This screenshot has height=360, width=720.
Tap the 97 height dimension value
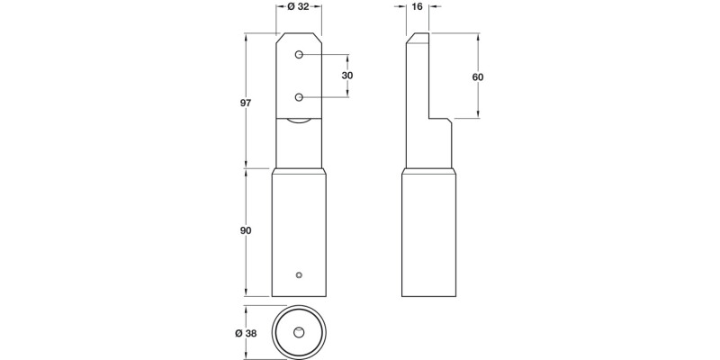245,104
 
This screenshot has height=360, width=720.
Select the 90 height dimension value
245,231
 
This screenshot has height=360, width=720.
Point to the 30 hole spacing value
347,76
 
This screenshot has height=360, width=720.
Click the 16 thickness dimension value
417,7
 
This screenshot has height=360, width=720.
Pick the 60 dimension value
478,77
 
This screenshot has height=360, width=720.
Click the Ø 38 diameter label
245,334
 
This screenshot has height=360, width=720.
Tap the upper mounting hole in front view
297,56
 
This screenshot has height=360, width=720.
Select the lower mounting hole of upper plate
297,97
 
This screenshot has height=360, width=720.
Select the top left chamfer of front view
280,40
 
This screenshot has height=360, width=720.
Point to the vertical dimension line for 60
477,99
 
